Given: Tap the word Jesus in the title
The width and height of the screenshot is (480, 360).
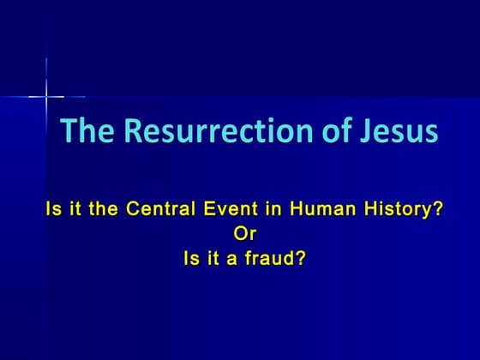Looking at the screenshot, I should point(399,131).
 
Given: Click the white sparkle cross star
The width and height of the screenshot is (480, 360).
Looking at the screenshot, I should point(46,96).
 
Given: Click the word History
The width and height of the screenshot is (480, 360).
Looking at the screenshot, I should point(399,208).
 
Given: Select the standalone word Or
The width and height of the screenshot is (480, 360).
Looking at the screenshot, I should point(245,232).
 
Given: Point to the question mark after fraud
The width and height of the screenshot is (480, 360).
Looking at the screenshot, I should point(301,256).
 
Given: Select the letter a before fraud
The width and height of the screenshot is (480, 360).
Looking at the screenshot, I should point(232,257).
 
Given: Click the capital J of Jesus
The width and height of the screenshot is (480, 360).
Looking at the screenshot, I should point(367,131).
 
